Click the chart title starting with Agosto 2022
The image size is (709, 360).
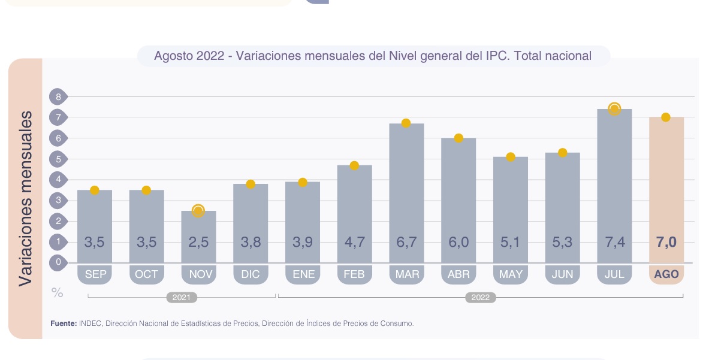pyautogui.click(x=372, y=56)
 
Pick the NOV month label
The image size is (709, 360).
pyautogui.click(x=198, y=274)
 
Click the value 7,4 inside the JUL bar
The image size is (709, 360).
pyautogui.click(x=614, y=243)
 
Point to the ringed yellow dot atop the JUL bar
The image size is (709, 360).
pyautogui.click(x=614, y=109)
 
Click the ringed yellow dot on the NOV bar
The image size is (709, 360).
pyautogui.click(x=198, y=210)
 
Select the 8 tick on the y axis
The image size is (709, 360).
pyautogui.click(x=59, y=96)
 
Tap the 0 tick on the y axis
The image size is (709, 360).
pyautogui.click(x=59, y=262)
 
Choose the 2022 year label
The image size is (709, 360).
pyautogui.click(x=480, y=297)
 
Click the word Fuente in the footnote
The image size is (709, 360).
pyautogui.click(x=63, y=323)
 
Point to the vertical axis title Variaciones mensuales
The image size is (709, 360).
pyautogui.click(x=25, y=198)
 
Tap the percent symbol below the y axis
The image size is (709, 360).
pyautogui.click(x=58, y=293)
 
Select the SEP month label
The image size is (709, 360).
pyautogui.click(x=95, y=274)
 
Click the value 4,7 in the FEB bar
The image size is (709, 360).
pyautogui.click(x=354, y=243)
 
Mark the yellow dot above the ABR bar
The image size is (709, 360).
pyautogui.click(x=458, y=138)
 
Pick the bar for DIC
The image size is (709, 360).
pyautogui.click(x=251, y=222)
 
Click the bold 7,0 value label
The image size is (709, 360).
pyautogui.click(x=666, y=243)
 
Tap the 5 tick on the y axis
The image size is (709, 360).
pyautogui.click(x=59, y=159)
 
